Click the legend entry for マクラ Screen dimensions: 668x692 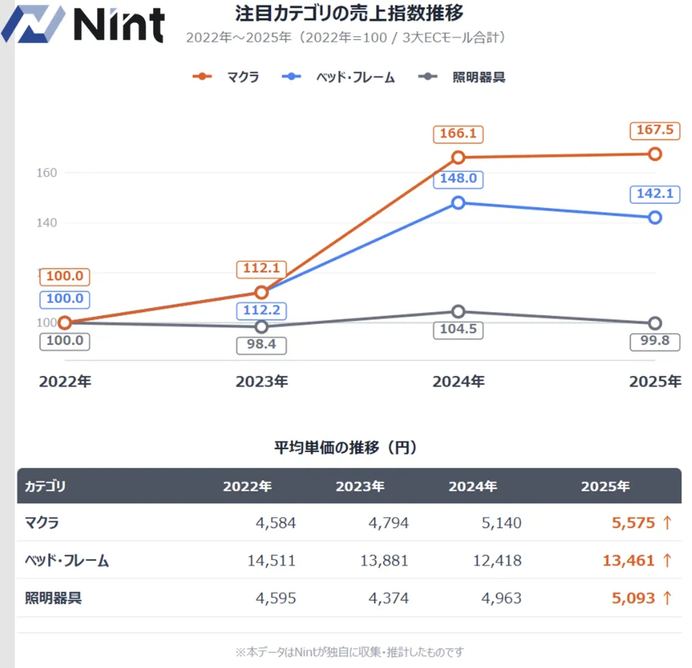coord(226,77)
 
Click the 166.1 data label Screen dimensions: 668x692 coord(459,133)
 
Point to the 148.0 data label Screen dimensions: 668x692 coord(459,179)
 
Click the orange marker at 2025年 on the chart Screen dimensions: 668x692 coord(655,154)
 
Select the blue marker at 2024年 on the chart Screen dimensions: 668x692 coord(459,202)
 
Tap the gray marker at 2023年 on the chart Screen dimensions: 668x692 coord(262,327)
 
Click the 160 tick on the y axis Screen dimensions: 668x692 coord(47,173)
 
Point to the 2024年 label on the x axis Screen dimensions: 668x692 coord(459,381)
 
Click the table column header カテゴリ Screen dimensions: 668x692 coord(45,487)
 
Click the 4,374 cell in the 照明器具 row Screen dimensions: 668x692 coord(388,599)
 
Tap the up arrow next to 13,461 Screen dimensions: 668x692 coord(667,561)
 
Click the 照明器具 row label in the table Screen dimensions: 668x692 coord(53,599)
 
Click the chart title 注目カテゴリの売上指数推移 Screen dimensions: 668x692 coord(350,13)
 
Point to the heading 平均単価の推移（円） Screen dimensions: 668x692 coord(345,448)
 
